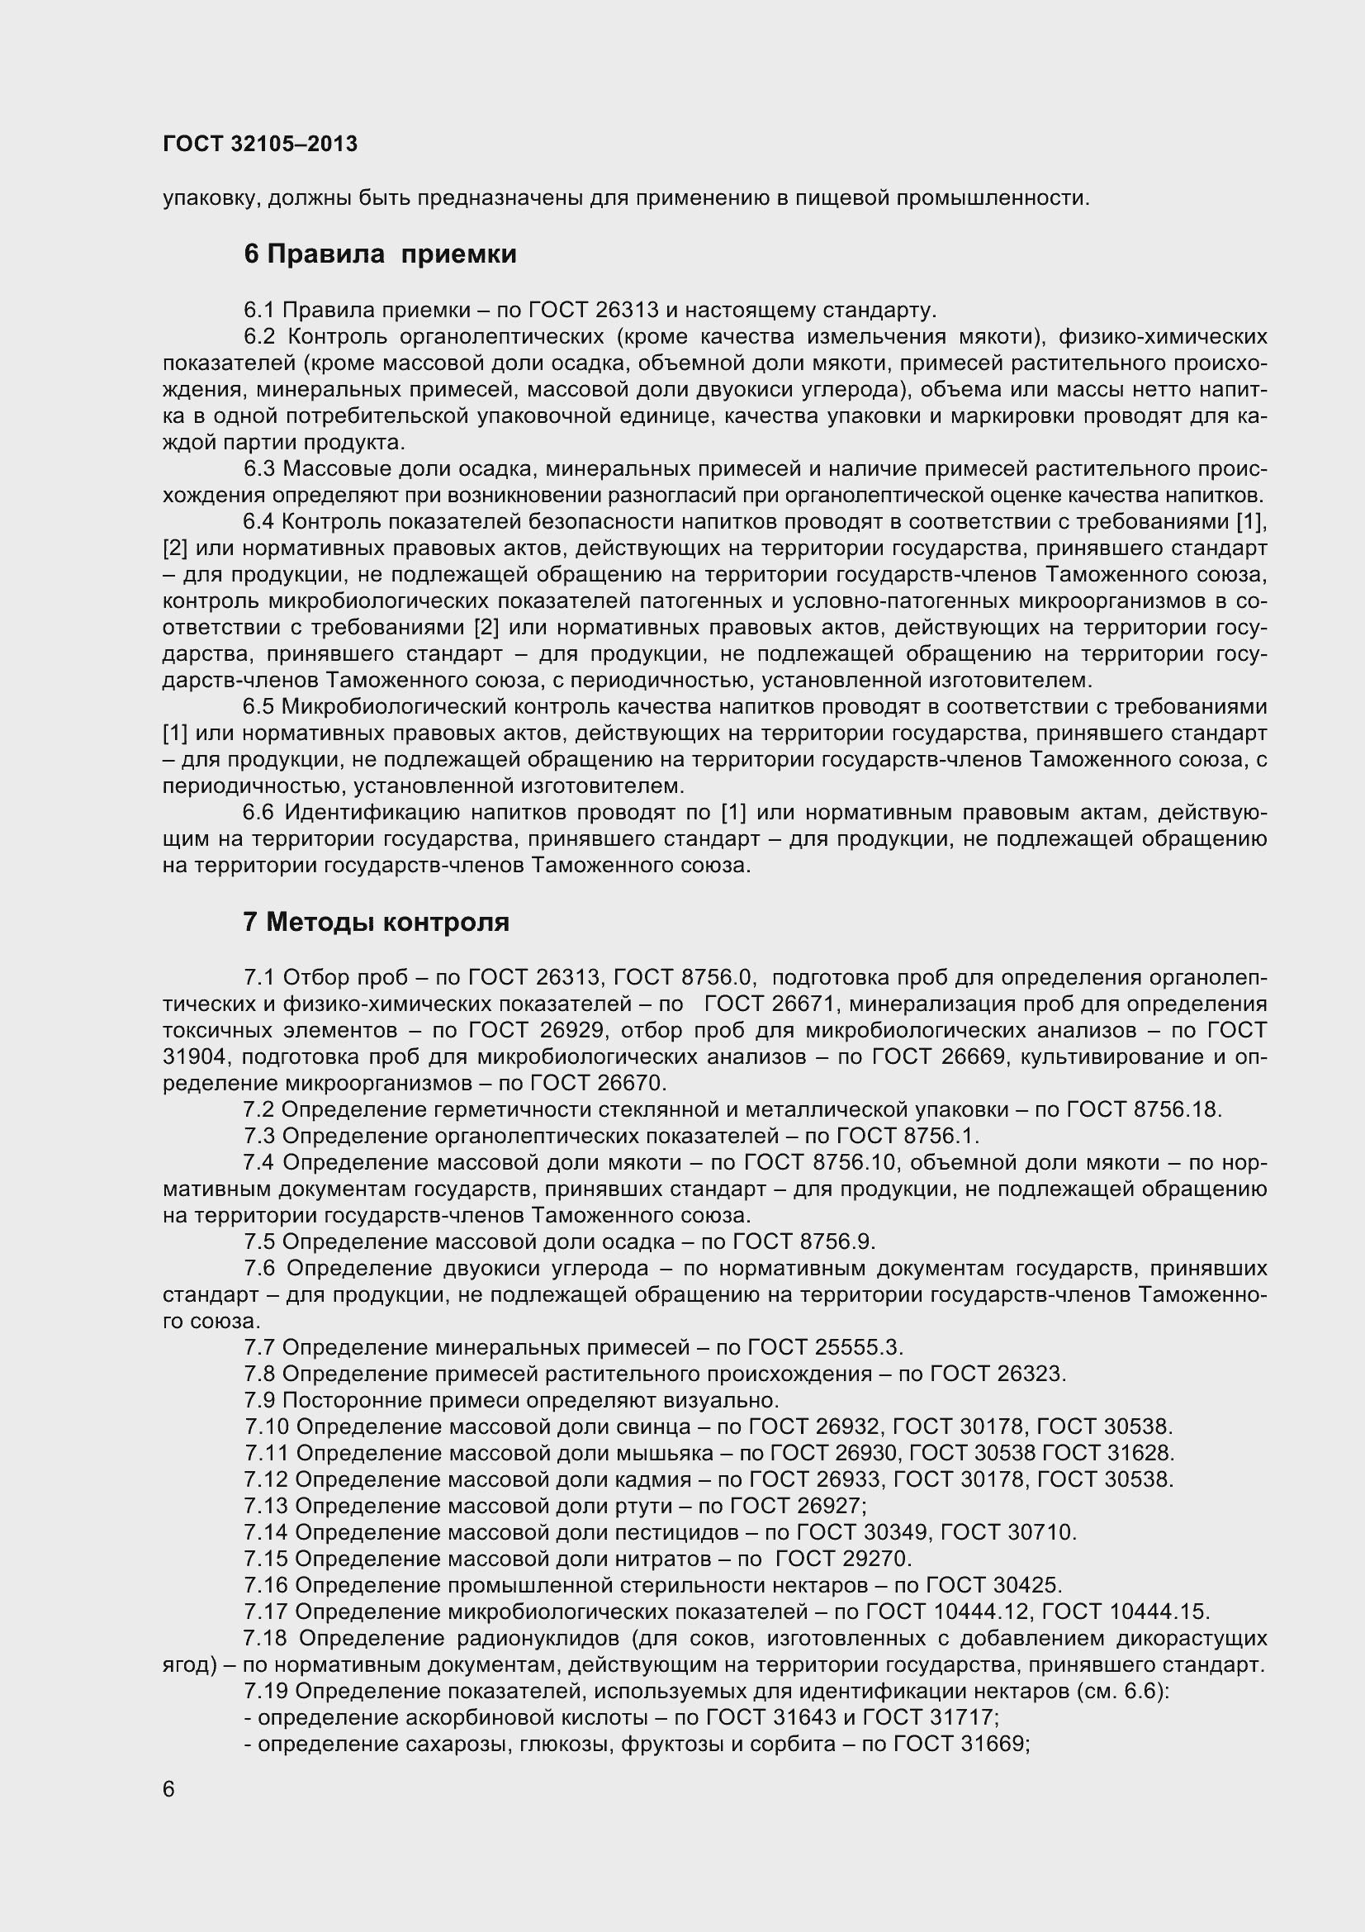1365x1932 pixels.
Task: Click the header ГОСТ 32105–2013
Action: click(260, 144)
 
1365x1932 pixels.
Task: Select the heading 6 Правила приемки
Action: click(380, 254)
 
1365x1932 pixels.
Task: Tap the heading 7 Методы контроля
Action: click(376, 923)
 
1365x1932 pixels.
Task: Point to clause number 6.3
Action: click(260, 468)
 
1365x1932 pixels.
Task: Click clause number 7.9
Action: click(260, 1400)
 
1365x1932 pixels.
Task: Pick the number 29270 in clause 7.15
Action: click(875, 1559)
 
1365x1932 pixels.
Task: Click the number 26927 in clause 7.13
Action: click(828, 1507)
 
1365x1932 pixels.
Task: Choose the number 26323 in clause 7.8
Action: click(1031, 1374)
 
